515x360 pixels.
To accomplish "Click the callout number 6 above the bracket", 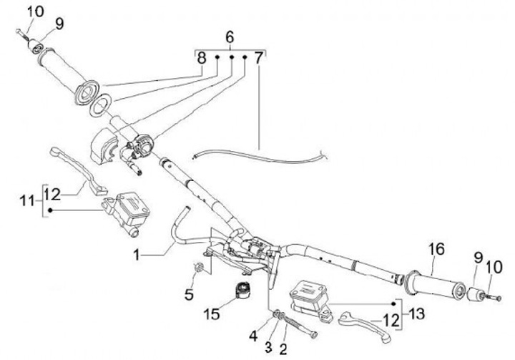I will (x=229, y=37).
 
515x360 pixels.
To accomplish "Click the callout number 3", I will (x=268, y=346).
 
